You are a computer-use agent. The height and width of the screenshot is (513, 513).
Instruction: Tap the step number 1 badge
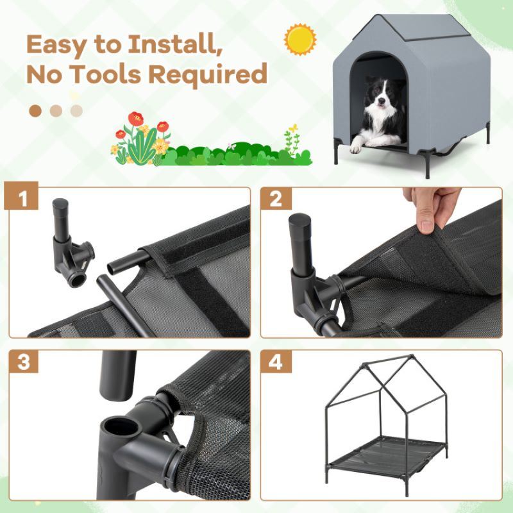pos(24,199)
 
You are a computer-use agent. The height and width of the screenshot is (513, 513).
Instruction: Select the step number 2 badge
pos(276,199)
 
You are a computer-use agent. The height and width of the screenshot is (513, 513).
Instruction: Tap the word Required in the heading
pos(207,75)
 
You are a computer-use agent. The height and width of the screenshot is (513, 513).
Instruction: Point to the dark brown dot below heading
pos(35,111)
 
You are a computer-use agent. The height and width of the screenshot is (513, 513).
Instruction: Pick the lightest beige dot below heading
pos(77,111)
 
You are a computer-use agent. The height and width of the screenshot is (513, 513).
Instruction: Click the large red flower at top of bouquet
pos(135,119)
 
